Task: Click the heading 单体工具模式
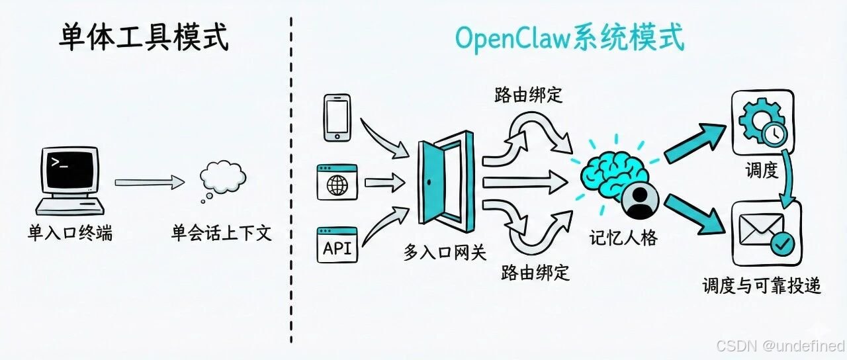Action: click(x=144, y=38)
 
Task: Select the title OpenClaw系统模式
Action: click(x=569, y=39)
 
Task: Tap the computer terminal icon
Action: click(x=69, y=180)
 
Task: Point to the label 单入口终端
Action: click(x=69, y=233)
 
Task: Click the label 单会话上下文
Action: click(x=222, y=233)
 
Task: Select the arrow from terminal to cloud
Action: click(x=149, y=181)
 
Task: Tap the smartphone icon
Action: click(x=337, y=117)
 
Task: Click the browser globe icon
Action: click(x=337, y=182)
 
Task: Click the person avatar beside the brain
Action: click(x=639, y=202)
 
